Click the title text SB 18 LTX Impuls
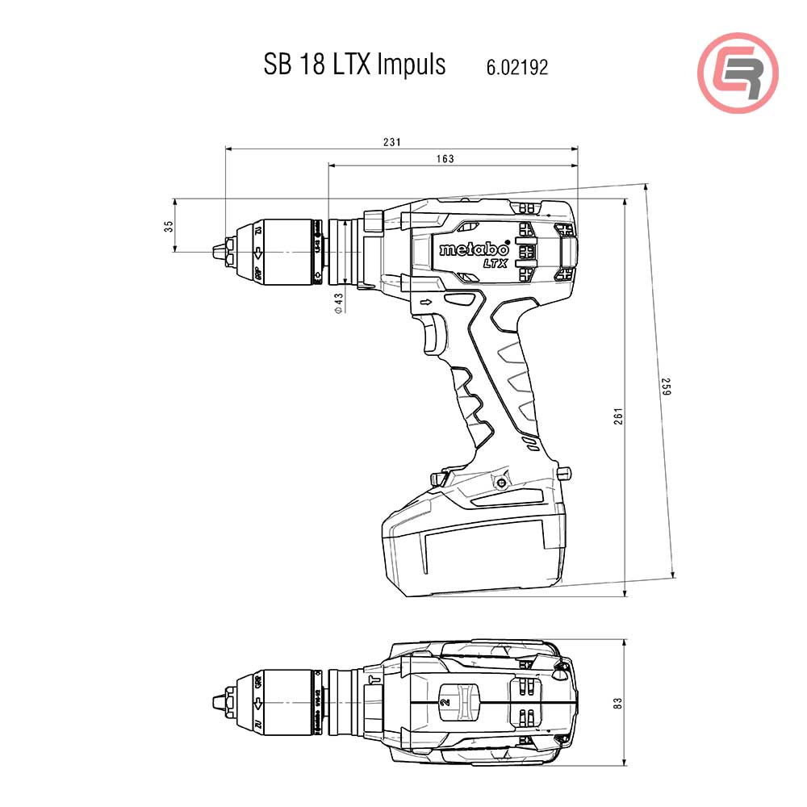pyautogui.click(x=354, y=65)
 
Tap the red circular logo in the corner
pyautogui.click(x=738, y=72)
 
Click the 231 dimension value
pyautogui.click(x=391, y=142)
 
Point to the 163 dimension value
pyautogui.click(x=445, y=159)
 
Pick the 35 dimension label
pyautogui.click(x=168, y=226)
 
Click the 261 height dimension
pyautogui.click(x=618, y=416)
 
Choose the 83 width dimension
pyautogui.click(x=618, y=703)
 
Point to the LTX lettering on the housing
pyautogui.click(x=495, y=263)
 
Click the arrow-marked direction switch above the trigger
pyautogui.click(x=425, y=303)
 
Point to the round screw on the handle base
pyautogui.click(x=502, y=483)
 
